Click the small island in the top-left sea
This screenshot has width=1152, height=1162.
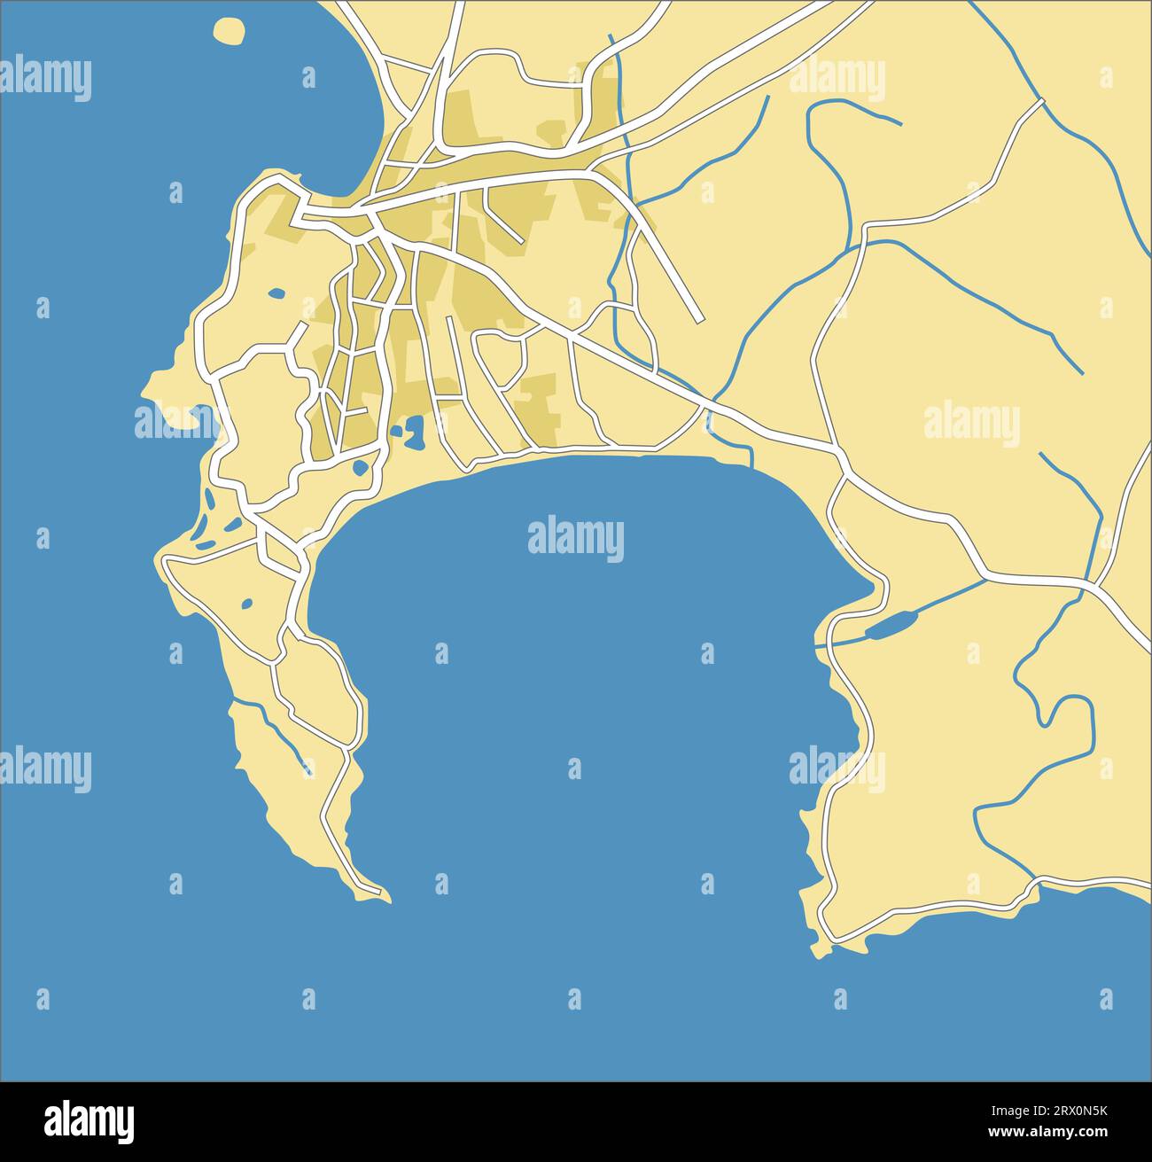230,31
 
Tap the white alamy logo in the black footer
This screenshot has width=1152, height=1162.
89,1121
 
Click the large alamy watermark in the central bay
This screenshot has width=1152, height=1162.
575,539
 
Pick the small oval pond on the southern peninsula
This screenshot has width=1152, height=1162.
247,604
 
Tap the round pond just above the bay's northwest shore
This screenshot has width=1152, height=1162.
361,468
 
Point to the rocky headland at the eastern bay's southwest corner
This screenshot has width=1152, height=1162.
820,948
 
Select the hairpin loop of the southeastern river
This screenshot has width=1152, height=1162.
1063,709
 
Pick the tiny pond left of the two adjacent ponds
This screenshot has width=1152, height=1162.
395,433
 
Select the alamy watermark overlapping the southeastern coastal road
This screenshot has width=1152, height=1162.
837,768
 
